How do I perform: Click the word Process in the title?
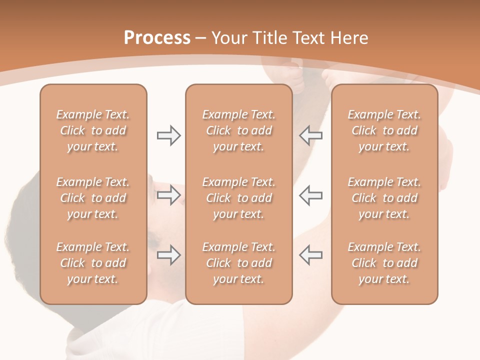157,38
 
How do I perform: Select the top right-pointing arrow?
168,135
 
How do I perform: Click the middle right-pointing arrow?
168,195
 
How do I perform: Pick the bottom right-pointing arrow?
168,255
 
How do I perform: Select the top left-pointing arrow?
310,135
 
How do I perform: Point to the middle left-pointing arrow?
310,195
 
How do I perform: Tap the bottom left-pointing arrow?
310,255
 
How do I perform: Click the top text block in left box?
93,130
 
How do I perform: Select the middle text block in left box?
93,198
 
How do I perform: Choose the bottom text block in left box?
93,263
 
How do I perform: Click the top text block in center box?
238,130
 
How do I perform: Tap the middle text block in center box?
238,198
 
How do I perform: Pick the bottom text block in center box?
238,263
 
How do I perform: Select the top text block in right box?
384,130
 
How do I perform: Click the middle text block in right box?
384,198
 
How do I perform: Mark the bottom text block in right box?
384,263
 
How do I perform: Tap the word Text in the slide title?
308,38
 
